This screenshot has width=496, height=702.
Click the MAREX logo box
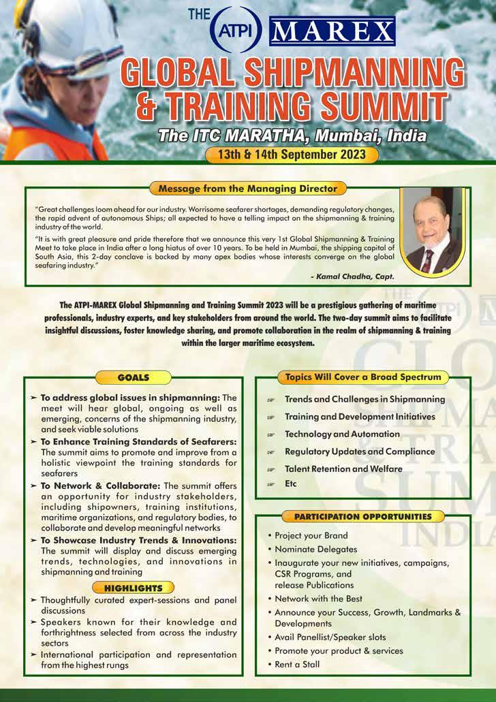pyautogui.click(x=332, y=31)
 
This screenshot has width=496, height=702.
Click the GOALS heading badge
pyautogui.click(x=133, y=377)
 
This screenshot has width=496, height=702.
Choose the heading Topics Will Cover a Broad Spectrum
pyautogui.click(x=362, y=377)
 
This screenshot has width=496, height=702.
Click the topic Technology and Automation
pyautogui.click(x=342, y=434)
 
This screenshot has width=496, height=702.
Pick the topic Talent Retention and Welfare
pyautogui.click(x=343, y=468)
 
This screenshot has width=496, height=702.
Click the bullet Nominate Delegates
pyautogui.click(x=315, y=549)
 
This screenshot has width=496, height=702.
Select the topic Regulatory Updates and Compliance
pyautogui.click(x=359, y=451)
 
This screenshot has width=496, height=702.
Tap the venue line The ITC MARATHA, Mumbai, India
pyautogui.click(x=292, y=135)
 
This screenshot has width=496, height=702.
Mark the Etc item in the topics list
pyautogui.click(x=291, y=484)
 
